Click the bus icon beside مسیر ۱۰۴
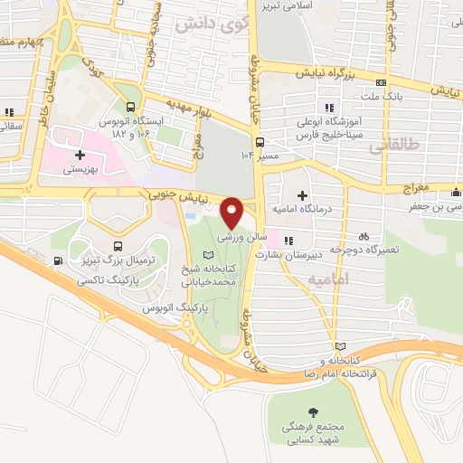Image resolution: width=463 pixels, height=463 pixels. click(x=260, y=142)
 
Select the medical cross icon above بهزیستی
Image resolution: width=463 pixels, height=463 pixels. click(x=80, y=156)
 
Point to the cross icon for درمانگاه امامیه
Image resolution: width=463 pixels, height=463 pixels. click(x=302, y=195)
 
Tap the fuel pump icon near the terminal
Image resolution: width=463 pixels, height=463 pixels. click(x=59, y=261)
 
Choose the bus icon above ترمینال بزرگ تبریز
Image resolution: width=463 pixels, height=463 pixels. click(x=118, y=246)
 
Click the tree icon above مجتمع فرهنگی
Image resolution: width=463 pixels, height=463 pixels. click(x=313, y=411)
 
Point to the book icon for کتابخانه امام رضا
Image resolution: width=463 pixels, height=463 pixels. click(x=339, y=346)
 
